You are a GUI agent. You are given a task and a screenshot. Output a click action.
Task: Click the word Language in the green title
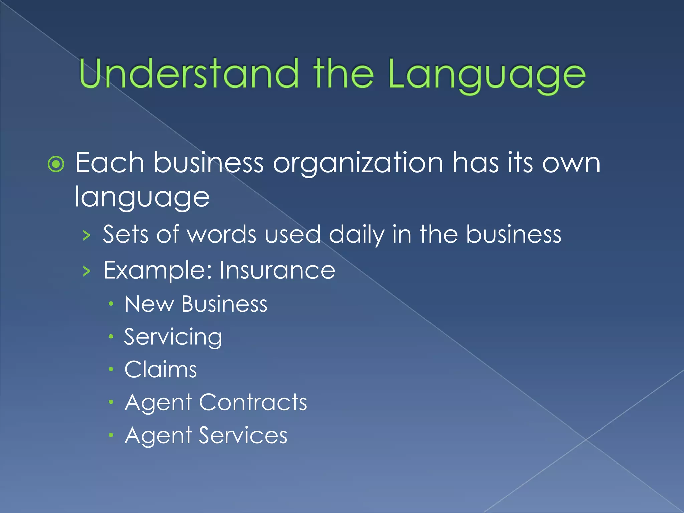click(x=487, y=75)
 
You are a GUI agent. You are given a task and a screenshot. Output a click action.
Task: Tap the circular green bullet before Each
click(x=56, y=164)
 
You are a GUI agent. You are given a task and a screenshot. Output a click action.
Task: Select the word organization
click(x=358, y=164)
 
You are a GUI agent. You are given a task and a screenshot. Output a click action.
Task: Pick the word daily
click(x=356, y=235)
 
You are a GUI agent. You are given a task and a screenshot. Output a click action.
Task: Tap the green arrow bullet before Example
click(x=87, y=271)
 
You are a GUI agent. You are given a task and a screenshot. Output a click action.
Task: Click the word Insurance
click(x=277, y=270)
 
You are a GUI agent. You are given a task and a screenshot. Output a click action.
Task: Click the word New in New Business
click(x=149, y=304)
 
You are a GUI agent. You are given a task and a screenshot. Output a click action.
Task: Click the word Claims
click(x=161, y=369)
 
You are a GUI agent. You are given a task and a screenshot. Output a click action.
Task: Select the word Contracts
click(x=253, y=402)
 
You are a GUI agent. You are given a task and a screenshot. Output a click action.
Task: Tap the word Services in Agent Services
click(x=243, y=435)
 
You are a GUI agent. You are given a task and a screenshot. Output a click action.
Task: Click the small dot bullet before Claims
click(x=111, y=369)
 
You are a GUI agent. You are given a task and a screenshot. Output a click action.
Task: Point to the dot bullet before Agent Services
click(x=111, y=435)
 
